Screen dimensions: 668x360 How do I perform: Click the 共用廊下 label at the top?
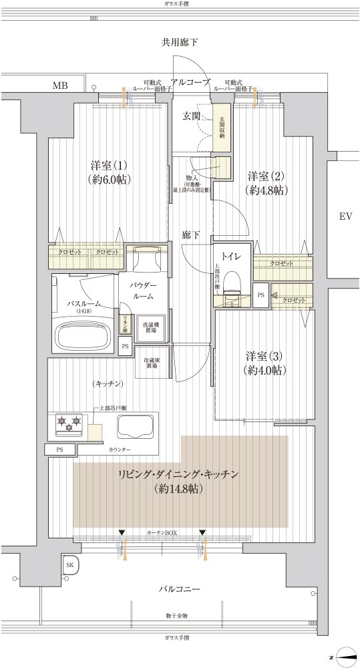click(x=180, y=43)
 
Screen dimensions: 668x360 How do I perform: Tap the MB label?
click(x=60, y=86)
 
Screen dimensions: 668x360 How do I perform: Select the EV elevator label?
click(x=345, y=216)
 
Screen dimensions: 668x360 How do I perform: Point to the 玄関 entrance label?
click(x=192, y=116)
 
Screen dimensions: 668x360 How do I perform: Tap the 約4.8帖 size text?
click(x=266, y=190)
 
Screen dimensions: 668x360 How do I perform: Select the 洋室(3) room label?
click(x=264, y=356)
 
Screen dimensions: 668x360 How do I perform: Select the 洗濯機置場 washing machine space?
click(x=150, y=327)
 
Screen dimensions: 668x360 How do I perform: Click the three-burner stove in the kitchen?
click(x=68, y=422)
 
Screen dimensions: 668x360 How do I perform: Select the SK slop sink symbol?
click(x=69, y=565)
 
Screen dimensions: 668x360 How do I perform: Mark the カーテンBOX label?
click(x=161, y=533)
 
